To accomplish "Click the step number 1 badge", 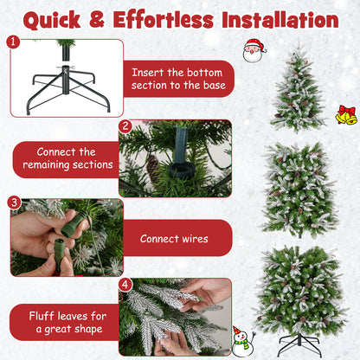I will tap(12, 42).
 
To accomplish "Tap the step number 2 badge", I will tap(125, 126).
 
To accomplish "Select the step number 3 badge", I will tap(14, 202).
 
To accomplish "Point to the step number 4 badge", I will tap(125, 284).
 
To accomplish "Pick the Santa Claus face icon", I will tap(254, 51).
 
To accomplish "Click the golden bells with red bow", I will tap(346, 114).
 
